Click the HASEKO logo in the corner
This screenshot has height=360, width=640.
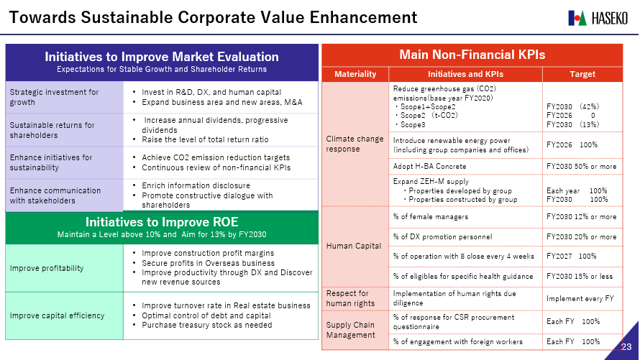point(598,17)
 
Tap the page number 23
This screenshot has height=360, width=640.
point(626,347)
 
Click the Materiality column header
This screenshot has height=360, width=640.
point(355,74)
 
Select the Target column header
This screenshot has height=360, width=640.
point(582,74)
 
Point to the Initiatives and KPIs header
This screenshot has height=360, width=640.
point(465,74)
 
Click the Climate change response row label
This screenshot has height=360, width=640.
point(355,144)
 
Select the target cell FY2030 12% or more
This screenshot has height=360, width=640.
point(581,217)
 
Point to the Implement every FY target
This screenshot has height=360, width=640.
point(580,298)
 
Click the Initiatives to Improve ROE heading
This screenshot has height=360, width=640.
point(162,222)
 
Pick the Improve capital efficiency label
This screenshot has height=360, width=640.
point(57,315)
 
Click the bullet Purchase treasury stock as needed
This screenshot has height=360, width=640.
point(207,325)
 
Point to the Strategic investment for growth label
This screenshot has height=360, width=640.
point(54,97)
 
